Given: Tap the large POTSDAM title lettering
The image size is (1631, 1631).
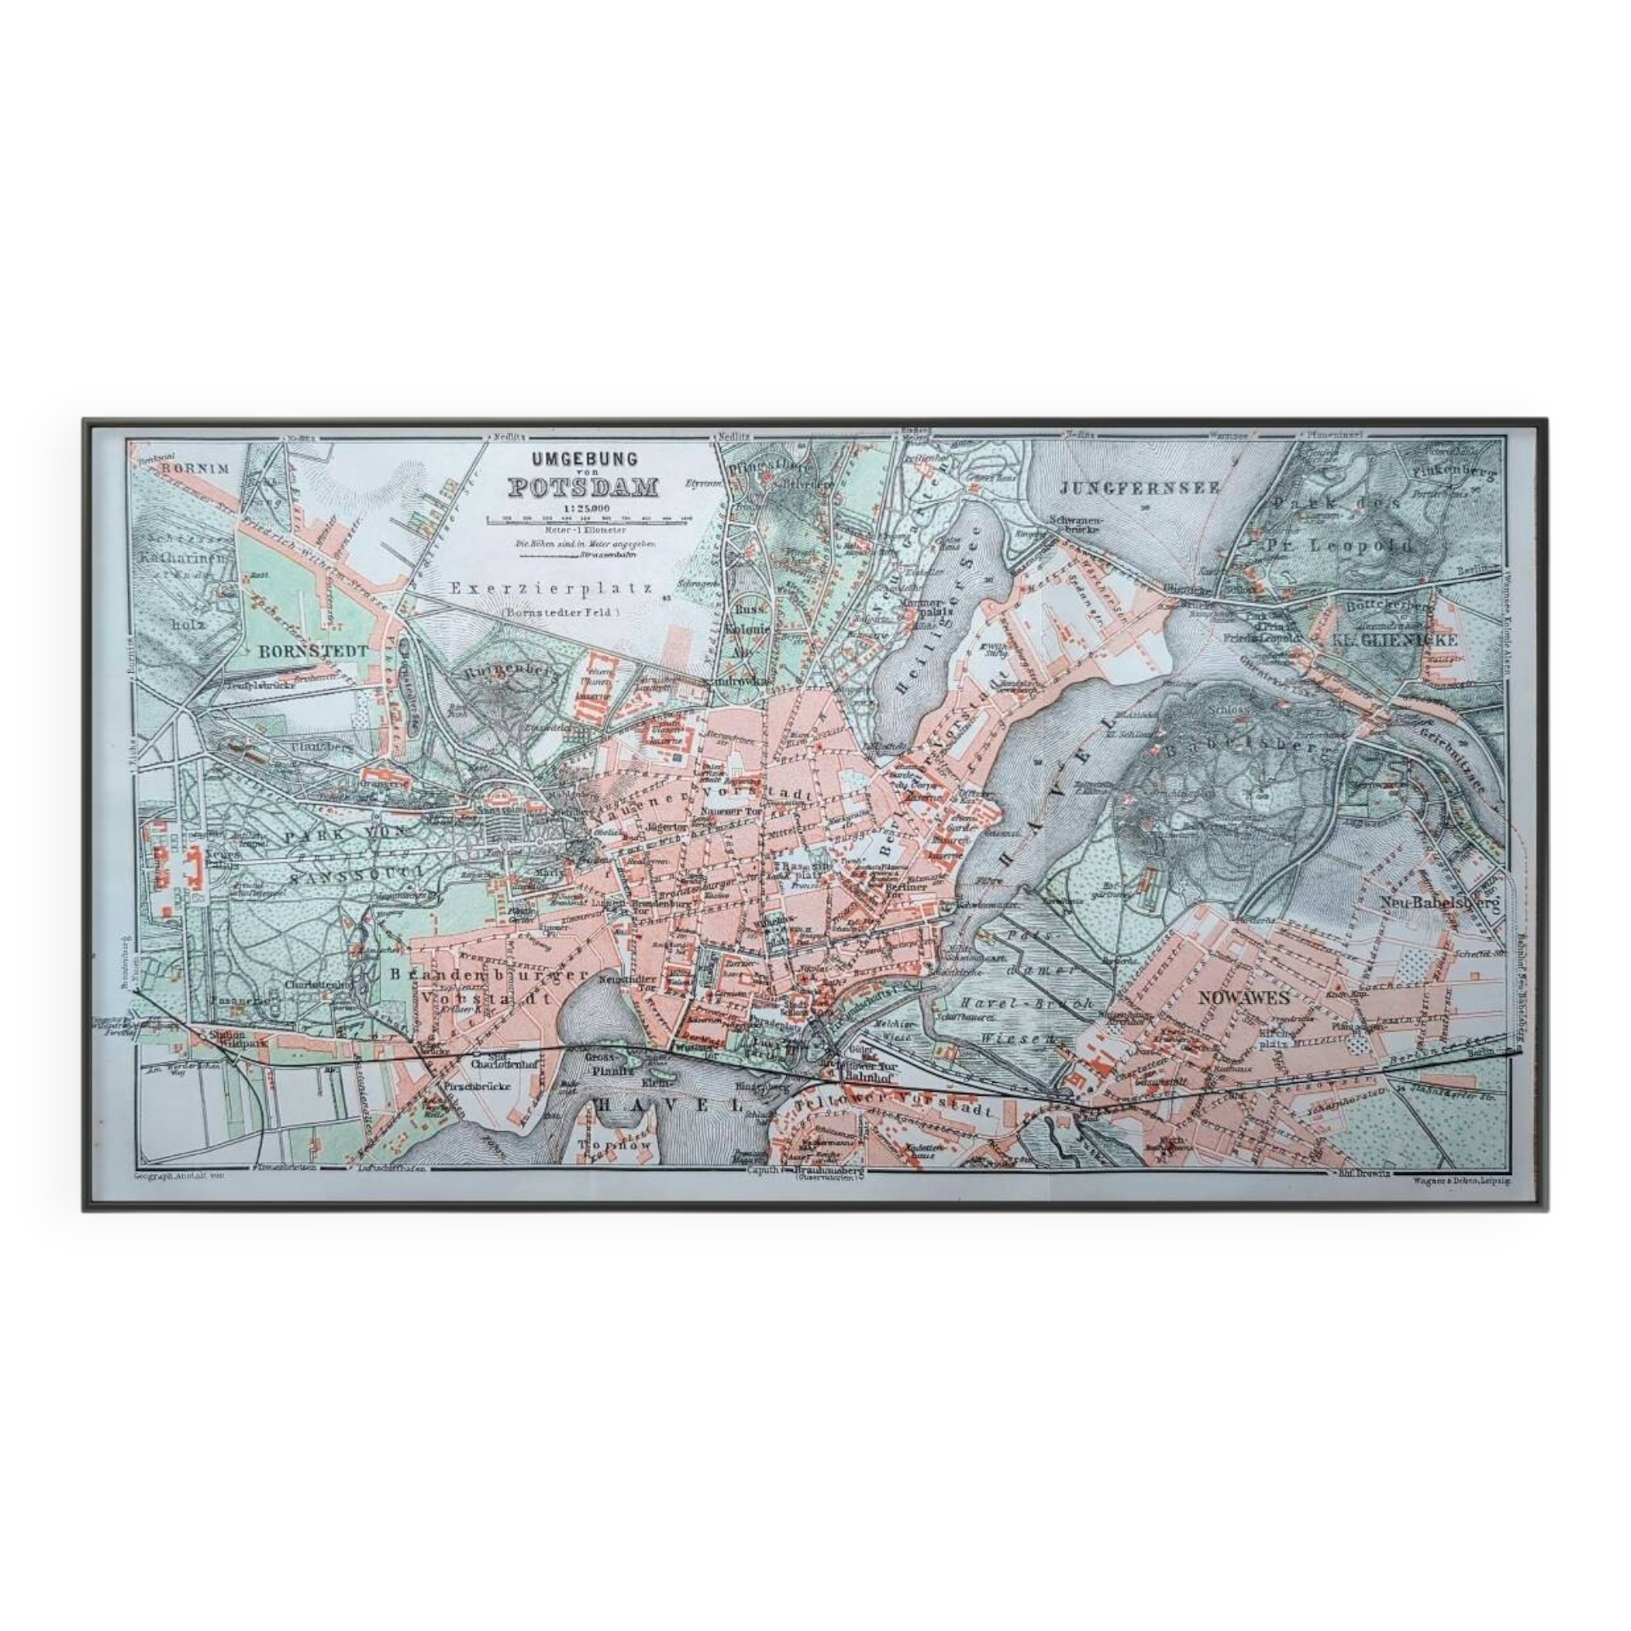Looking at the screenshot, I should (583, 488).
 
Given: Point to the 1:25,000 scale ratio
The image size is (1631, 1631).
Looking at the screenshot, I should (583, 507).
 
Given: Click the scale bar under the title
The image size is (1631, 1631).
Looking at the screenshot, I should (589, 519).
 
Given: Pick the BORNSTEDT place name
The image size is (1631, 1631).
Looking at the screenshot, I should (301, 651).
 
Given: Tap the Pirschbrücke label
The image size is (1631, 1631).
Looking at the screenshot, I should (477, 1088).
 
